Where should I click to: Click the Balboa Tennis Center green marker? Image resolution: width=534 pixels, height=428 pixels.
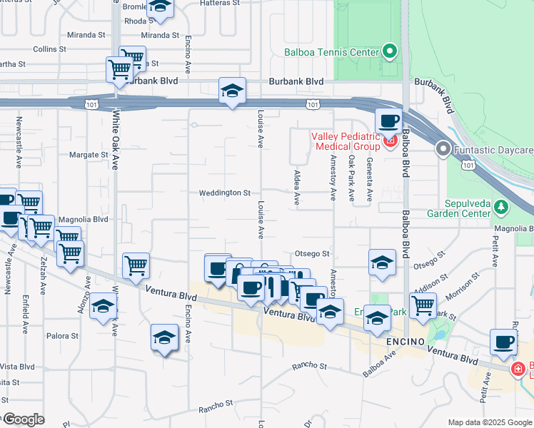click(390, 51)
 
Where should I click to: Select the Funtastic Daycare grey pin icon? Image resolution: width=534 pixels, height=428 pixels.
click(443, 150)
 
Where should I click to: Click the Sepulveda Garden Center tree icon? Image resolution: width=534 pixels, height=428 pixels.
click(503, 207)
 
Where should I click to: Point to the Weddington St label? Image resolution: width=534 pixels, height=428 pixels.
click(225, 193)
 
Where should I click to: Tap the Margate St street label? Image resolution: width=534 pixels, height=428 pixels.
click(89, 154)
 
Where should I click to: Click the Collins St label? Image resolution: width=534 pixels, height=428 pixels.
click(49, 49)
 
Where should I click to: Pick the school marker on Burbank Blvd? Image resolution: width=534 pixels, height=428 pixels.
click(232, 91)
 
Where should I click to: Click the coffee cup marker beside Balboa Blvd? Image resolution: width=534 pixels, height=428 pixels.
click(388, 121)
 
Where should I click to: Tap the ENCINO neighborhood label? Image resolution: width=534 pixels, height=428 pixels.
click(405, 342)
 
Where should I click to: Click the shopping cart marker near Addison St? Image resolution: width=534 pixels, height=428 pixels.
click(424, 305)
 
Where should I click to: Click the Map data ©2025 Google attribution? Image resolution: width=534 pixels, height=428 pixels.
click(489, 422)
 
